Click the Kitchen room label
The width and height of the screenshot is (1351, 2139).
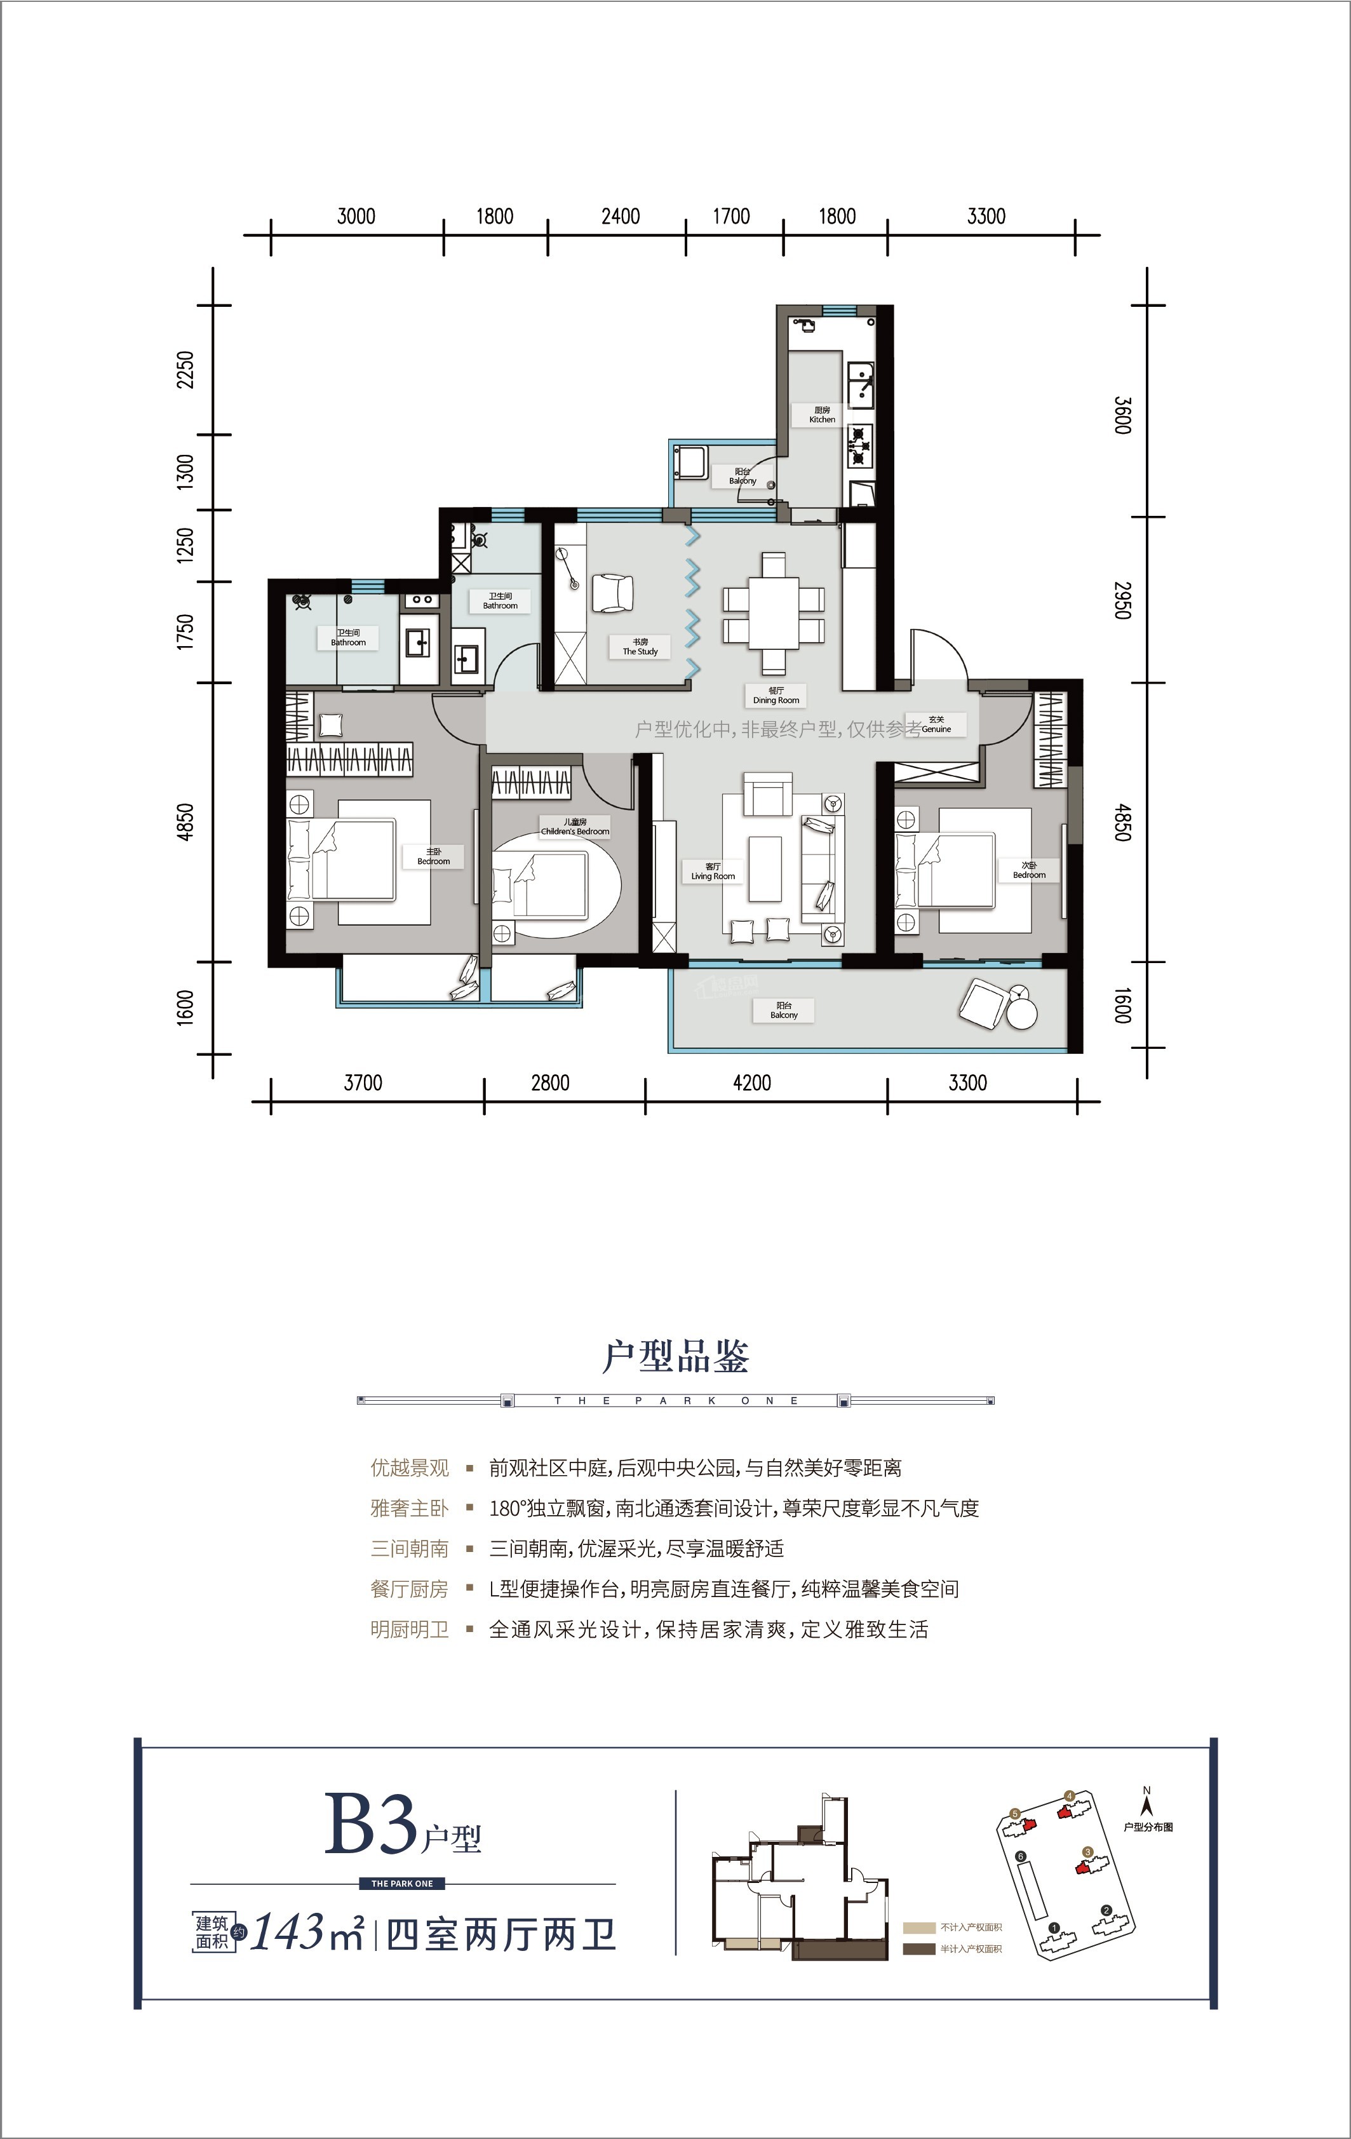pos(822,415)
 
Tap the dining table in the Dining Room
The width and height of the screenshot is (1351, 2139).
pos(774,613)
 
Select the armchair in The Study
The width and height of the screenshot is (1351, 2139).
pos(612,593)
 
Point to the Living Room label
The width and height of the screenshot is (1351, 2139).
pos(713,872)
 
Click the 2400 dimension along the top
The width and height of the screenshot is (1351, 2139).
pos(620,217)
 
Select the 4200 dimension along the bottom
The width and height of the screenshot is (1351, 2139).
pos(751,1083)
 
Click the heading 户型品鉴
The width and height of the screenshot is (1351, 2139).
pos(676,1356)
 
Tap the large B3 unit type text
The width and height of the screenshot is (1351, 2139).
pos(370,1824)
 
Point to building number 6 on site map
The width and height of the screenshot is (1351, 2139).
pos(1021,1856)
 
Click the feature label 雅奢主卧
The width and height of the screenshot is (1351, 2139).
pos(410,1508)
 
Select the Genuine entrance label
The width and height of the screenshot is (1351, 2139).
pos(936,724)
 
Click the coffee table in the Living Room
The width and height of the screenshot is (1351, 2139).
pos(764,861)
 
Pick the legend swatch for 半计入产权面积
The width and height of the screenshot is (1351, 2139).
pos(918,1949)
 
